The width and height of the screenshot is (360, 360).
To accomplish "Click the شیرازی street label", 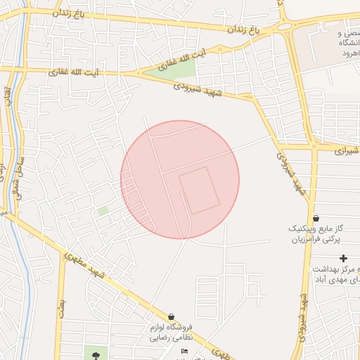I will point(346,150).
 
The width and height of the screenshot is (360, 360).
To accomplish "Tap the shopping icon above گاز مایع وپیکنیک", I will point(316,219).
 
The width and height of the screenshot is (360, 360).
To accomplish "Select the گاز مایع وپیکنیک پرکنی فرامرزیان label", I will point(316,234).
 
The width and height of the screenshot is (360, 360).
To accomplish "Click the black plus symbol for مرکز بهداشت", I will point(343,259).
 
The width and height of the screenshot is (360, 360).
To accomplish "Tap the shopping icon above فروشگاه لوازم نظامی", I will point(172,316).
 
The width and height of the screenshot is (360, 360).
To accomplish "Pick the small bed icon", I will point(184,351).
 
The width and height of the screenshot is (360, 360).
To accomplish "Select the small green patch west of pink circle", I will point(103,210).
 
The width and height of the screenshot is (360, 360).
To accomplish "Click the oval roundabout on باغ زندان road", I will point(285,26).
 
